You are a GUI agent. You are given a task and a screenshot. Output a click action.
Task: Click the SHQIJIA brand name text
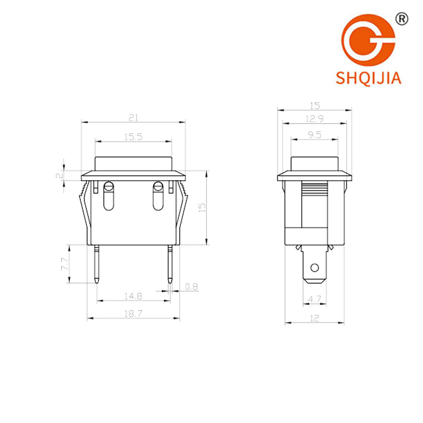pyautogui.click(x=369, y=78)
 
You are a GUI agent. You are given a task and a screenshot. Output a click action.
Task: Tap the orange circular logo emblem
pyautogui.click(x=369, y=40)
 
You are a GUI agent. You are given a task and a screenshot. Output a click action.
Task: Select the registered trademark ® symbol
pyautogui.click(x=402, y=19)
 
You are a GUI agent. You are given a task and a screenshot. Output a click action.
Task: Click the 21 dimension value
pyautogui.click(x=133, y=117)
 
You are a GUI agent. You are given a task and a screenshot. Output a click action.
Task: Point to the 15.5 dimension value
pyautogui.click(x=133, y=137)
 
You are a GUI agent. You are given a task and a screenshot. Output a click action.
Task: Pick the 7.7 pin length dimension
pyautogui.click(x=65, y=264)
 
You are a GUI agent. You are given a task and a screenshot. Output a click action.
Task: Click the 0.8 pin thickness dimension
pyautogui.click(x=191, y=287)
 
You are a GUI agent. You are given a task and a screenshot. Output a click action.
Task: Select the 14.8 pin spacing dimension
pyautogui.click(x=133, y=296)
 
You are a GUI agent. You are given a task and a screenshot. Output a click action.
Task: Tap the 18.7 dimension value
pyautogui.click(x=133, y=314)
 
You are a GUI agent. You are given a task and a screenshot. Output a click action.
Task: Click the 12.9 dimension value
pyautogui.click(x=315, y=118)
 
